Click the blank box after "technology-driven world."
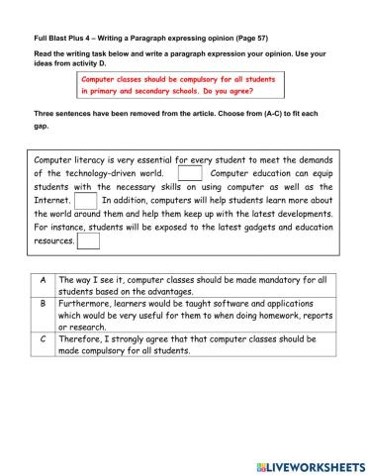coord(189,173)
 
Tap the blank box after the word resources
coord(87,239)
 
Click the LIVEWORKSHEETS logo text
coord(317,464)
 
